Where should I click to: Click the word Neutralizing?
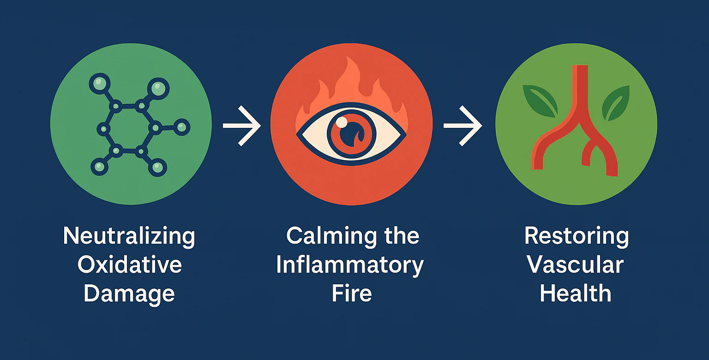129,236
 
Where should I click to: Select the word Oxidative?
130,265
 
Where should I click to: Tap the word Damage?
129,294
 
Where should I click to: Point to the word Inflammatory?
350,265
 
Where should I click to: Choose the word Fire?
351,294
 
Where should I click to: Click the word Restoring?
577,236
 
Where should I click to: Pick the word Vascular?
576,265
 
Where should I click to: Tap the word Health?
576,294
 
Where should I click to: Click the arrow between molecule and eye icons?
241,126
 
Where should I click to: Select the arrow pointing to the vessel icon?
462,126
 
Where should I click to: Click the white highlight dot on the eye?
342,122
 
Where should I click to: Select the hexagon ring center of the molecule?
128,128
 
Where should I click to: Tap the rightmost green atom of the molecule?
182,126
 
